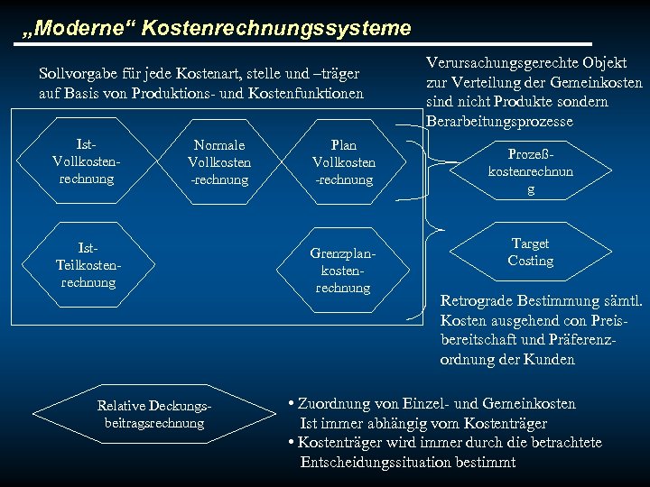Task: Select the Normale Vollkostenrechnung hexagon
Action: (x=219, y=162)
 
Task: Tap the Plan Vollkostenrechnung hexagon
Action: (x=344, y=162)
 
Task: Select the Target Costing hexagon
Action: (x=530, y=253)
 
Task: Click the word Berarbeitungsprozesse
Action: (x=499, y=122)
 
